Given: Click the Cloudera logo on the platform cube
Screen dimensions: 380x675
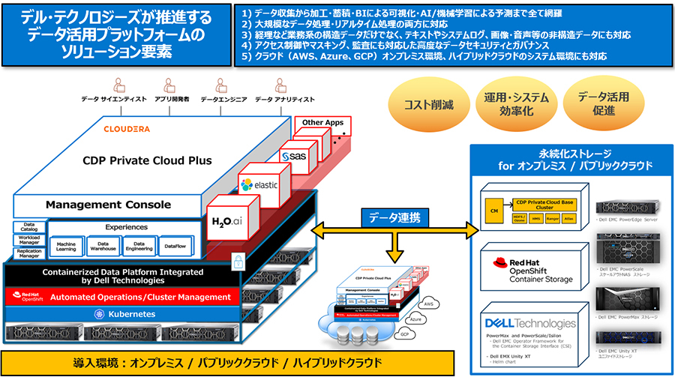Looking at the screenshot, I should [x=126, y=129].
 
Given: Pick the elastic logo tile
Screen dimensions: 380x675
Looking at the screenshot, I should [x=259, y=184].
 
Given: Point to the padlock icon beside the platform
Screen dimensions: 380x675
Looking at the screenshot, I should [x=237, y=260].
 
